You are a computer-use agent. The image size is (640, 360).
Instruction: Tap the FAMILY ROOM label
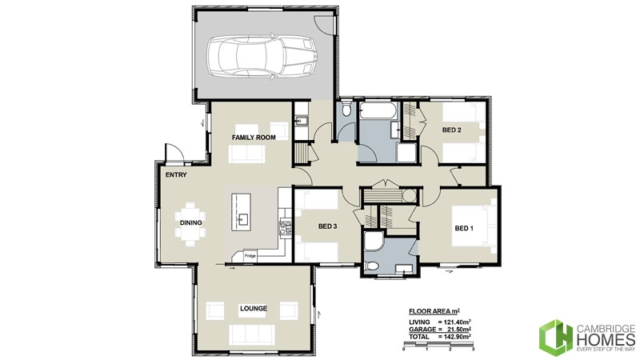[x=254, y=138]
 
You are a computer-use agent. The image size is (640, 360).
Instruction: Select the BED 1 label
[x=464, y=228]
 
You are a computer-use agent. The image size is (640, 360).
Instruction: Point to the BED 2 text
[x=452, y=129]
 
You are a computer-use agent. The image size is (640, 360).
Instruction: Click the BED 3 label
[x=327, y=226]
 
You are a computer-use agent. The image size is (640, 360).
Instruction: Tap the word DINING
[x=190, y=223]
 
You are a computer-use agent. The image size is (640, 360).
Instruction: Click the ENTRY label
[x=176, y=174]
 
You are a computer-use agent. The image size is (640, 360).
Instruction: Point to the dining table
[x=190, y=223]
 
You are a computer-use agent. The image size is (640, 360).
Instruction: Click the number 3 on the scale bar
[x=474, y=351]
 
